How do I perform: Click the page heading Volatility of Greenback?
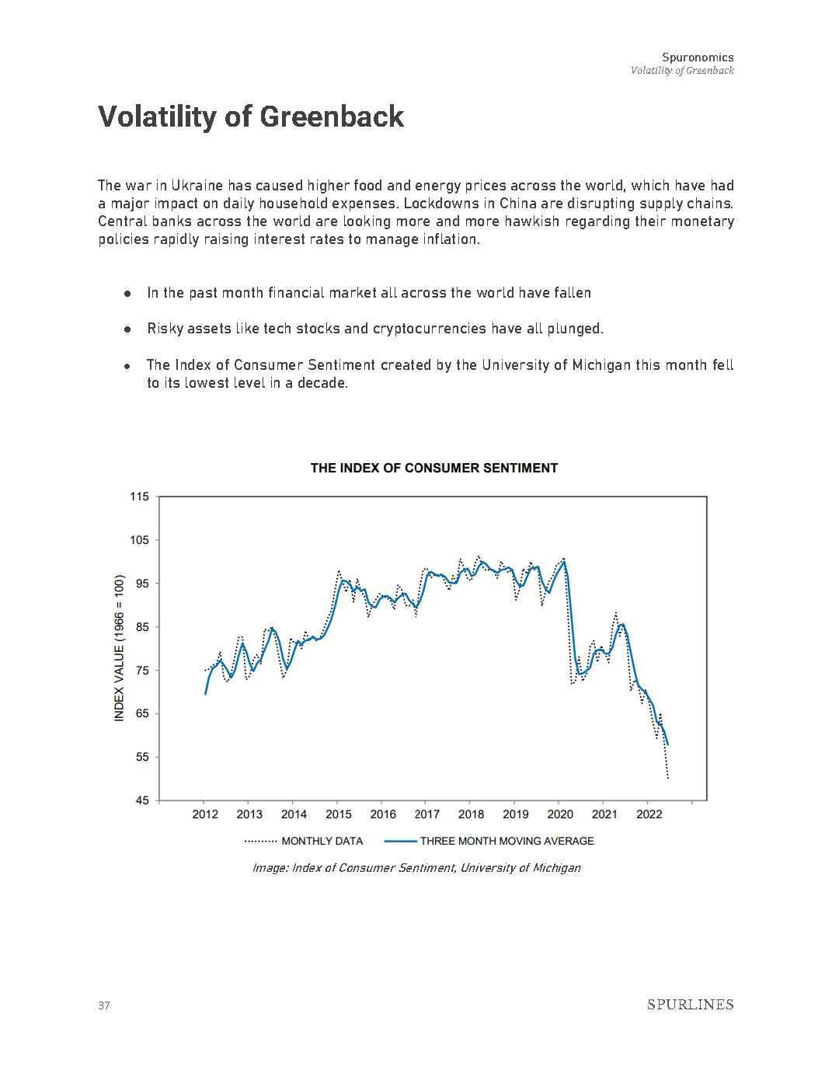coord(251,117)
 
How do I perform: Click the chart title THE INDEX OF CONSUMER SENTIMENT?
coord(433,468)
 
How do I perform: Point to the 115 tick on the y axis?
coord(139,497)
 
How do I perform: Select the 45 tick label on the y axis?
coord(141,800)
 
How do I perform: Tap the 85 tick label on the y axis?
coord(141,627)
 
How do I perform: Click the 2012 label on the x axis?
coord(205,814)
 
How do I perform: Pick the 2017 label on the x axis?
coord(427,814)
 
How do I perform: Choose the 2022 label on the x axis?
coord(649,814)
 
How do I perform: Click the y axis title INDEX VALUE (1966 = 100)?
coord(120,648)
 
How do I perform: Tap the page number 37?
coord(104,1006)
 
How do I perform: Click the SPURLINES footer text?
coord(690,1005)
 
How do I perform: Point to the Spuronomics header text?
coord(698,58)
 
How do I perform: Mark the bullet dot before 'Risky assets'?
coord(127,329)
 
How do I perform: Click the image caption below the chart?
coord(416,868)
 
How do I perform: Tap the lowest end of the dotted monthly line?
coord(668,778)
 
